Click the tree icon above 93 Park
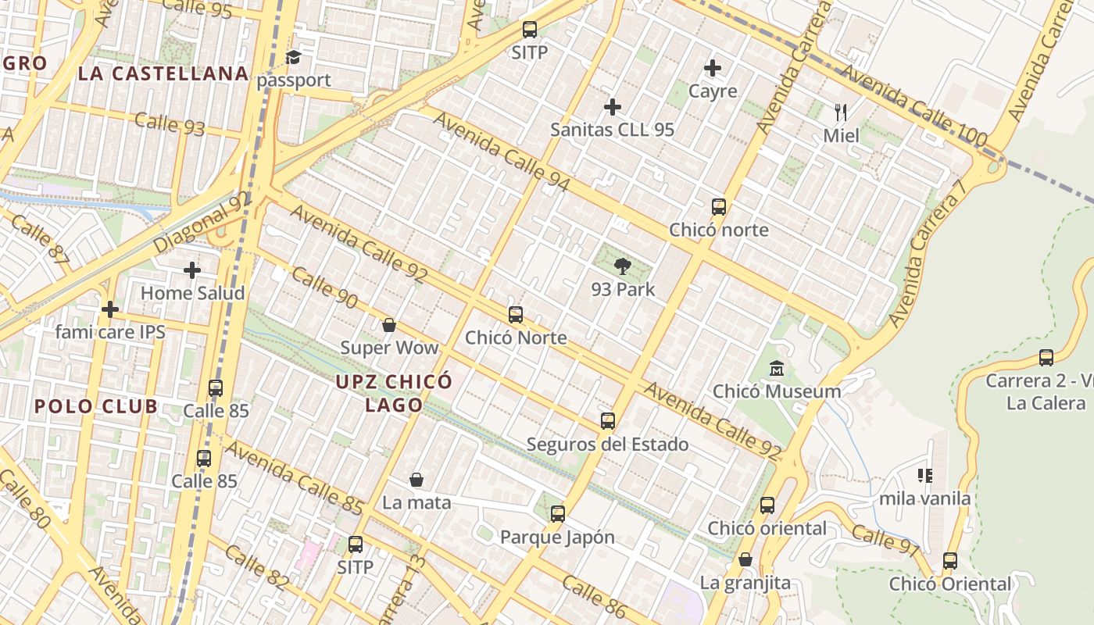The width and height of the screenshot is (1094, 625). [x=623, y=267]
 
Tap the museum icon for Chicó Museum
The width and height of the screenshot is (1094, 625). [x=777, y=368]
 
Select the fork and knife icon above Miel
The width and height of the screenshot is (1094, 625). [x=841, y=112]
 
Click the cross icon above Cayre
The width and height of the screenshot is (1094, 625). [x=713, y=68]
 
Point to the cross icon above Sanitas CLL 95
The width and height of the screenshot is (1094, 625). [x=613, y=106]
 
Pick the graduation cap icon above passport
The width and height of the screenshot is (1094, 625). [x=294, y=57]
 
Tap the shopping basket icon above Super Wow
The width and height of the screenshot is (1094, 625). [x=389, y=325]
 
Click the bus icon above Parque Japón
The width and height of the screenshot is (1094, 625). [x=557, y=514]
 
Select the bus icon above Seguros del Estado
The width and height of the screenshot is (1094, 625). [x=608, y=422]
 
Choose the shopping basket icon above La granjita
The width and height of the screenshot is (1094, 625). [x=745, y=560]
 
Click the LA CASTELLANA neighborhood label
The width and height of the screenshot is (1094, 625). [x=163, y=74]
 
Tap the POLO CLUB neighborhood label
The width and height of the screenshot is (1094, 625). [x=96, y=406]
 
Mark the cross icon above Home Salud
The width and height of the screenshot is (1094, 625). [x=192, y=270]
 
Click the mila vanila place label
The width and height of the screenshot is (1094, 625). [x=925, y=498]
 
